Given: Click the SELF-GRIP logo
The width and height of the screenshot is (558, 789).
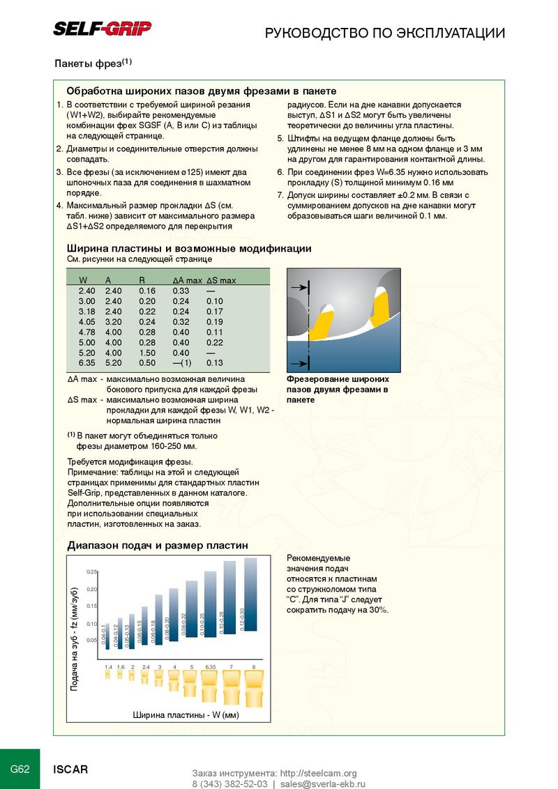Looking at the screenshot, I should [103, 29].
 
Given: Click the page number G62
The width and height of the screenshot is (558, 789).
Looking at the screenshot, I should [20, 769].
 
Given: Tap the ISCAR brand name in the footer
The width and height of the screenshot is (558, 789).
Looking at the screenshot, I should [71, 769].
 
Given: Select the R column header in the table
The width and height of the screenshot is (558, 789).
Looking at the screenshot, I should [142, 280].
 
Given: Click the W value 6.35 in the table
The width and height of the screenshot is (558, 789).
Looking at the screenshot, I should [86, 363].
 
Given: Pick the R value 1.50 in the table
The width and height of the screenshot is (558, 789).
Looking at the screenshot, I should [146, 353].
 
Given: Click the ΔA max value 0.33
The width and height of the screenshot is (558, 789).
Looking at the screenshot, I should [181, 291].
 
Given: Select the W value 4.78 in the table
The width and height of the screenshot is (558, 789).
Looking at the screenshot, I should [86, 332].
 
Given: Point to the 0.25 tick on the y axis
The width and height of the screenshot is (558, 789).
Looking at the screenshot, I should [91, 572].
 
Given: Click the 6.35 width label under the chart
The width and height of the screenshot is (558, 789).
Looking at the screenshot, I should [211, 667].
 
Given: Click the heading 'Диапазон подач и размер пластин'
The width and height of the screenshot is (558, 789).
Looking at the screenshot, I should [157, 545].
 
